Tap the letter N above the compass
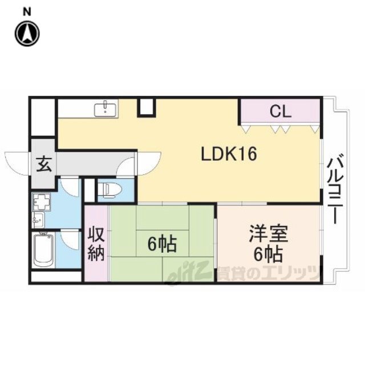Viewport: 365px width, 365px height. tap(27, 11)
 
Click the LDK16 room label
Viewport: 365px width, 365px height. tap(229, 154)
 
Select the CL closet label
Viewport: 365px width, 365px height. tap(280, 111)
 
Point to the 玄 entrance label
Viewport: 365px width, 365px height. tap(44, 164)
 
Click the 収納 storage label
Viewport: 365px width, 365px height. tap(96, 245)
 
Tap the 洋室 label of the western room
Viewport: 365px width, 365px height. tap(269, 233)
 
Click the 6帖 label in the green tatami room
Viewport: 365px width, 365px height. tap(162, 244)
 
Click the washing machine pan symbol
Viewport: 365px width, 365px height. tap(42, 201)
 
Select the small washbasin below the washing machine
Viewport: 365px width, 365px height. tap(38, 220)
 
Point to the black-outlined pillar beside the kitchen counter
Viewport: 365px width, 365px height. tap(147, 107)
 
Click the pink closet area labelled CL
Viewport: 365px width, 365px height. tap(280, 111)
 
